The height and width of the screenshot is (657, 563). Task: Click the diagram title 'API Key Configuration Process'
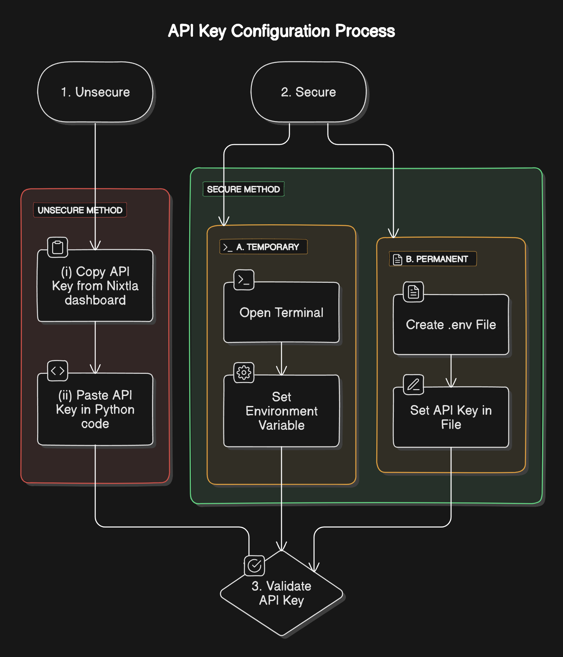tap(281, 31)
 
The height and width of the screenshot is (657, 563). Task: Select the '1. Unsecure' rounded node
tap(95, 92)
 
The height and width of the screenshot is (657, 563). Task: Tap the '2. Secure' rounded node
tap(308, 92)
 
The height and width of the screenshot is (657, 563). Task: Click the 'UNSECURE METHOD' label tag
tap(80, 210)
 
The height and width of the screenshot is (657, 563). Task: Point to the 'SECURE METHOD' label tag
tap(243, 189)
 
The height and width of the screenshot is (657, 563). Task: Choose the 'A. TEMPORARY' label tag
tap(264, 247)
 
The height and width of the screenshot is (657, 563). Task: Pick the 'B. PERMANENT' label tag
tap(433, 259)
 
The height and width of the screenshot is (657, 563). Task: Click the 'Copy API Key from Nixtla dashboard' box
tap(95, 286)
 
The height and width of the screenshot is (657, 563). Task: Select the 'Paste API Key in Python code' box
tap(95, 409)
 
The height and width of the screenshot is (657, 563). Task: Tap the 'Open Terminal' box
tap(281, 313)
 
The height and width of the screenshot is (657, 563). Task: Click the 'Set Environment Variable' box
tap(281, 411)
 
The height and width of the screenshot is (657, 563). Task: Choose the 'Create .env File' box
tap(451, 325)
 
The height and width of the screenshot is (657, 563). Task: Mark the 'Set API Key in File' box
tap(451, 417)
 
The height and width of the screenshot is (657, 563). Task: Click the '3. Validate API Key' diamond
tap(281, 594)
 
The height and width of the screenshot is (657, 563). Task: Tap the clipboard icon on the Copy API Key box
tap(58, 247)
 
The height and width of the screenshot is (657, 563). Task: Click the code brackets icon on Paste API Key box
tap(58, 371)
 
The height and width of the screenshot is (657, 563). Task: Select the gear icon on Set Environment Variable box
tap(244, 372)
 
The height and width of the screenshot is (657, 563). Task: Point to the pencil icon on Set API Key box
tap(413, 384)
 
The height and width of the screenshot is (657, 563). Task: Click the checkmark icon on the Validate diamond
tap(254, 566)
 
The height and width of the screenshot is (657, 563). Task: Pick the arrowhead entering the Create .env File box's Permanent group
tap(393, 233)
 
